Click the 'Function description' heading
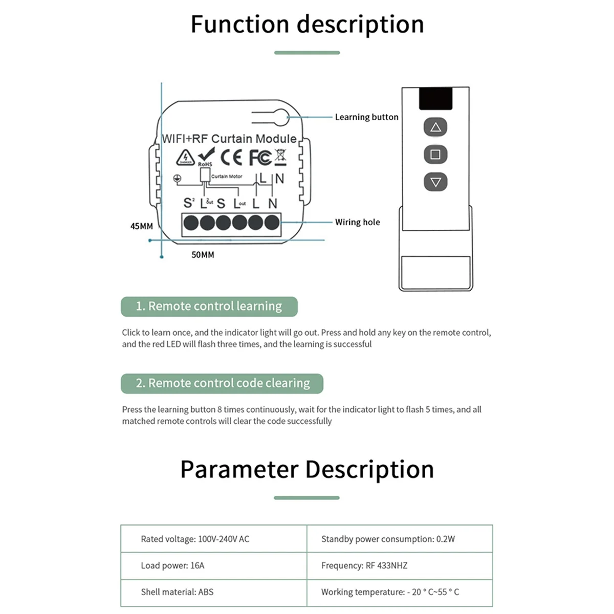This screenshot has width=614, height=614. pyautogui.click(x=307, y=25)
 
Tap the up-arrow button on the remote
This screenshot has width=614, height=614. pyautogui.click(x=435, y=127)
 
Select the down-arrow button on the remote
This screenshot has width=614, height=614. pyautogui.click(x=435, y=182)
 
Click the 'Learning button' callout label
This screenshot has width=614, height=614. pyautogui.click(x=366, y=117)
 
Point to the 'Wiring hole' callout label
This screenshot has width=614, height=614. pyautogui.click(x=357, y=222)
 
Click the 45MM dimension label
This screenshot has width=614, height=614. pyautogui.click(x=142, y=226)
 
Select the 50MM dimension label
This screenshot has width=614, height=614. pyautogui.click(x=203, y=255)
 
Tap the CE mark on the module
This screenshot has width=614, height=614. pyautogui.click(x=231, y=157)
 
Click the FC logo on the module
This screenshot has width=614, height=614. pyautogui.click(x=260, y=157)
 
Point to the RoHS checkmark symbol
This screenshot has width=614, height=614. pyautogui.click(x=206, y=156)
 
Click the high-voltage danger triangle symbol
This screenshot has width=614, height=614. pyautogui.click(x=185, y=158)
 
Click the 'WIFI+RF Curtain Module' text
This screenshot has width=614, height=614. pyautogui.click(x=229, y=139)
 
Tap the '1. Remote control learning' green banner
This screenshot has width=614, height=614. pyautogui.click(x=209, y=306)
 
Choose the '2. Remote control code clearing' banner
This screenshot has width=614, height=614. pyautogui.click(x=222, y=383)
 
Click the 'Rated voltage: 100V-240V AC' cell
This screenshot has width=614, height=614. pyautogui.click(x=195, y=539)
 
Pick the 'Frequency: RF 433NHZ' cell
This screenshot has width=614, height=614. pyautogui.click(x=364, y=565)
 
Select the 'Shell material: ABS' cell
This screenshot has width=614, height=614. pyautogui.click(x=177, y=592)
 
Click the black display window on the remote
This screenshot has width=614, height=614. pyautogui.click(x=435, y=98)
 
